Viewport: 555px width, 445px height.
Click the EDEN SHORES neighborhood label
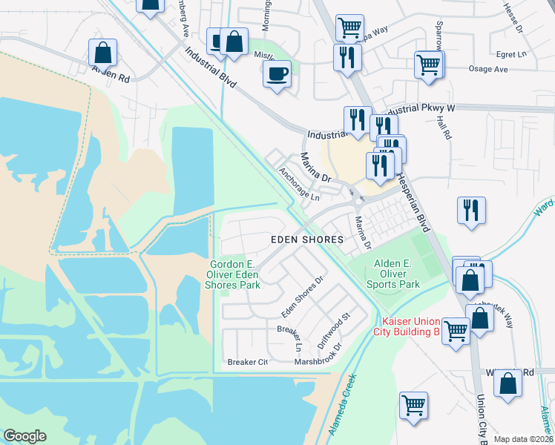(307, 240)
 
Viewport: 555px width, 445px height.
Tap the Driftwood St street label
(333, 330)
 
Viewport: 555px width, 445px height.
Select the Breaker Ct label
(247, 362)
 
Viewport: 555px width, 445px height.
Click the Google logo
(25, 436)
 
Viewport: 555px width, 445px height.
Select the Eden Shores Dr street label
(302, 298)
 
